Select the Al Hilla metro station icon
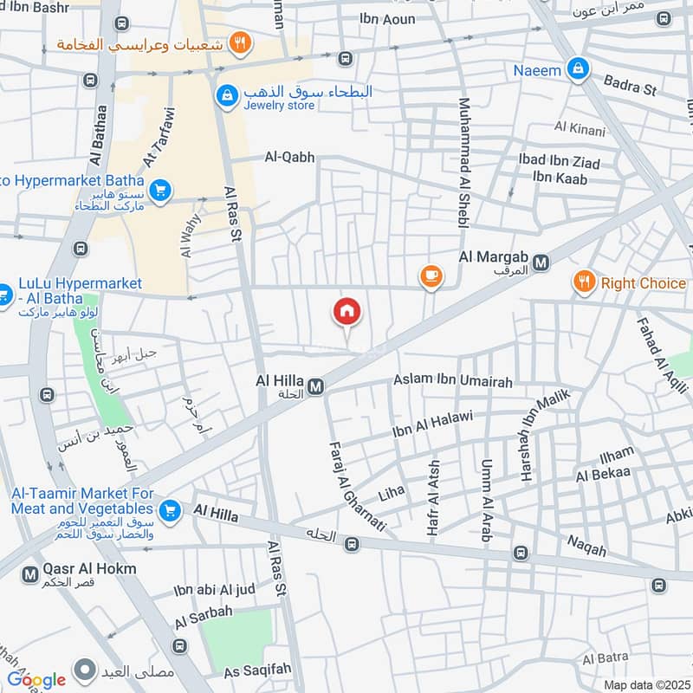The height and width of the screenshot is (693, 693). pyautogui.click(x=315, y=386)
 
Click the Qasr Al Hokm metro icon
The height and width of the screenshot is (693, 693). pyautogui.click(x=30, y=573)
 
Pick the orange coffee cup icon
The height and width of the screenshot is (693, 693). pyautogui.click(x=431, y=276)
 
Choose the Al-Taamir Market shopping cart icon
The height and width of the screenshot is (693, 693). pyautogui.click(x=170, y=510)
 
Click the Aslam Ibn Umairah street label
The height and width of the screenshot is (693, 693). pyautogui.click(x=453, y=381)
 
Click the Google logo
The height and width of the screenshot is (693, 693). pyautogui.click(x=36, y=679)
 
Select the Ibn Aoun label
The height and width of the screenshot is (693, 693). pyautogui.click(x=388, y=18)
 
